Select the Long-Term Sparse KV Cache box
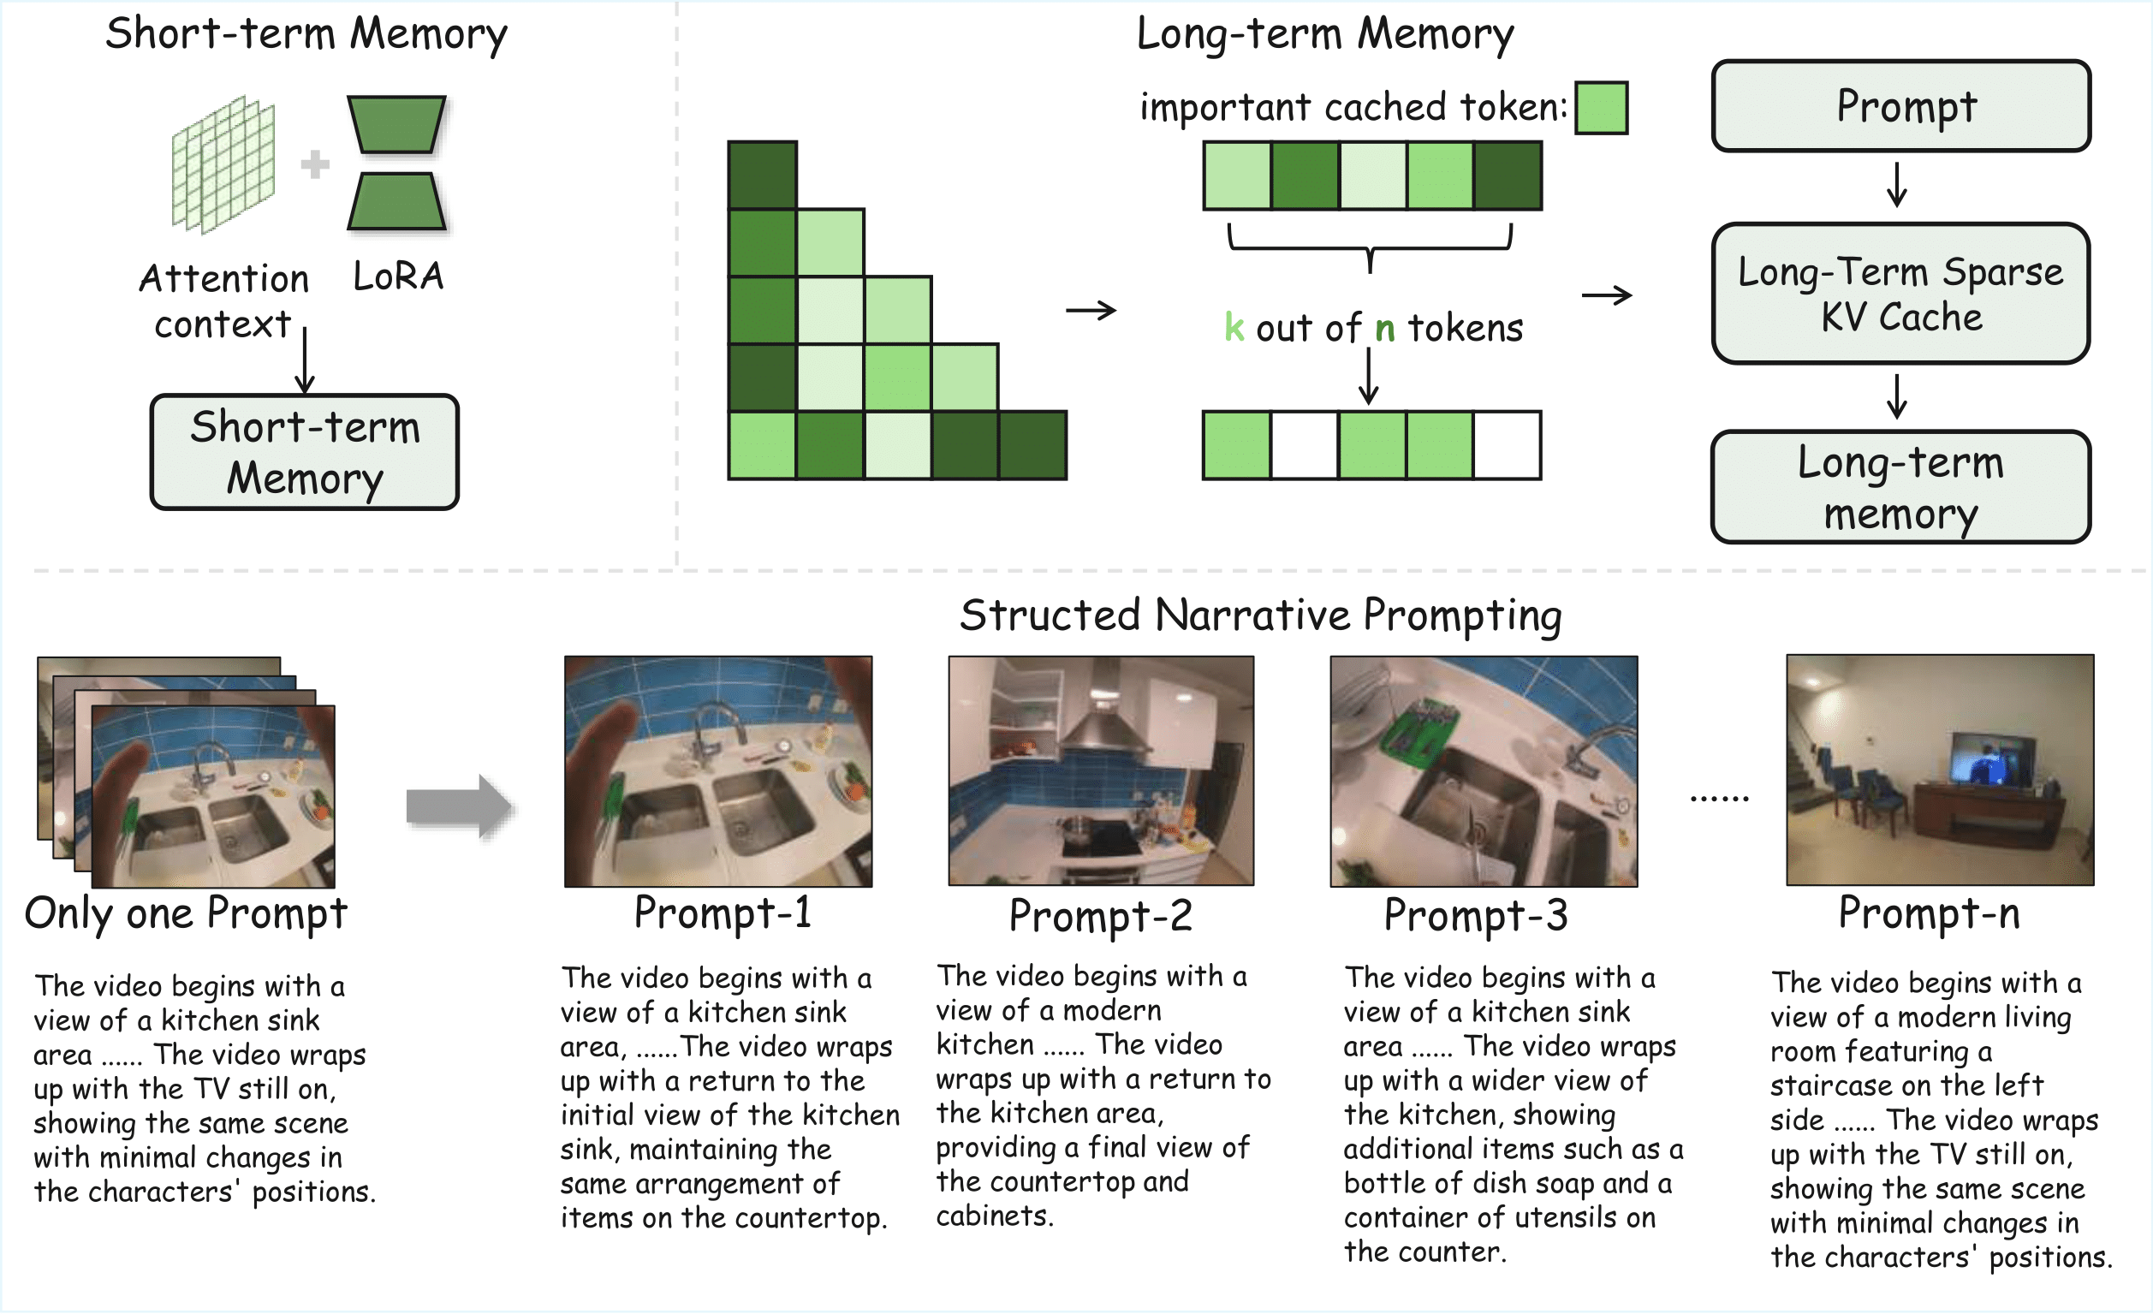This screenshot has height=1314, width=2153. [x=1900, y=294]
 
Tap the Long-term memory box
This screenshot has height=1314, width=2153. [x=1900, y=488]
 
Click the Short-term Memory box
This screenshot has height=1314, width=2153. [x=304, y=452]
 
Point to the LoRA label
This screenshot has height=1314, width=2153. [x=398, y=276]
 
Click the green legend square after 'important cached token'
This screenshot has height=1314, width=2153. [x=1601, y=109]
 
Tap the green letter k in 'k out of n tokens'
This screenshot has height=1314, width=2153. [x=1234, y=328]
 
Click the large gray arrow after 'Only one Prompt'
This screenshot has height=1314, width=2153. [x=459, y=806]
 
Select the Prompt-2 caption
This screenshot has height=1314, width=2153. [x=1100, y=916]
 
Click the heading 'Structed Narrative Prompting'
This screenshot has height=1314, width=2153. [x=1260, y=615]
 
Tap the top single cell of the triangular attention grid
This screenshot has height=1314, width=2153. [x=762, y=175]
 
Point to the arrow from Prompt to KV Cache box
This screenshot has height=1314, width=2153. [x=1896, y=183]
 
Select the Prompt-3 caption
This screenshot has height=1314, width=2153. [x=1475, y=916]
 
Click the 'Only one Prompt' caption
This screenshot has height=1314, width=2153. [x=185, y=914]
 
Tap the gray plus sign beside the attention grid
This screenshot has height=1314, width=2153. [x=314, y=164]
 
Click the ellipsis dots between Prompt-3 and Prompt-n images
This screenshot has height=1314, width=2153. [x=1719, y=798]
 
